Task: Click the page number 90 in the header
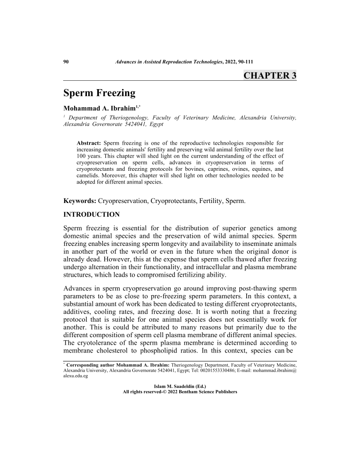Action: coord(67,62)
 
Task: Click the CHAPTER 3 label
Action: coord(270,75)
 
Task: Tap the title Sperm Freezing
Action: coord(99,93)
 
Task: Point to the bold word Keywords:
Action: coord(80,201)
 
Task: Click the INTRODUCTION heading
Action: coord(91,215)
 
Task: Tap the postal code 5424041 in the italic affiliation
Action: coord(135,124)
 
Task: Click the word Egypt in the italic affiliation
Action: coord(156,124)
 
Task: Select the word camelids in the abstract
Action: coord(88,175)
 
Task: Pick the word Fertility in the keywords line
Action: coord(210,201)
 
